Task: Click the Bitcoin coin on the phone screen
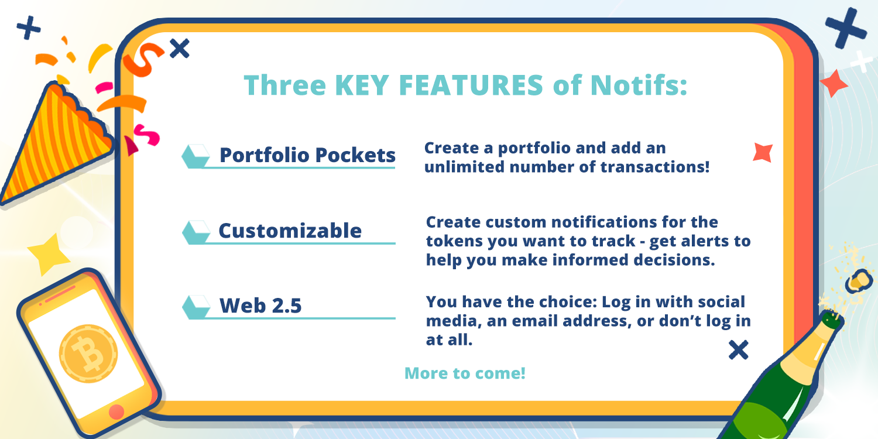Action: tap(88, 354)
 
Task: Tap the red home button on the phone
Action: tap(116, 411)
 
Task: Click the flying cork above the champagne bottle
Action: tap(859, 281)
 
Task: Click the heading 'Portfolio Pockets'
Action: tap(307, 155)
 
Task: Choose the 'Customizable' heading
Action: tap(290, 231)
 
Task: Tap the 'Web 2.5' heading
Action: tap(260, 306)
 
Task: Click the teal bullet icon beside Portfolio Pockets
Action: tap(196, 156)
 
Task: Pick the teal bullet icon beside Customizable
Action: tap(196, 232)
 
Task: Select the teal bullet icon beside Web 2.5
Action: tap(196, 307)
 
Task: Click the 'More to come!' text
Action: tap(465, 373)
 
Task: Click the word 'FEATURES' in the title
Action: tap(471, 85)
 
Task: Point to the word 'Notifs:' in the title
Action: tap(639, 85)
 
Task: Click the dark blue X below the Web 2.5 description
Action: tap(739, 350)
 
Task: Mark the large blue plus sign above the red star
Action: tap(846, 28)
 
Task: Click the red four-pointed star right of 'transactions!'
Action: tap(763, 152)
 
